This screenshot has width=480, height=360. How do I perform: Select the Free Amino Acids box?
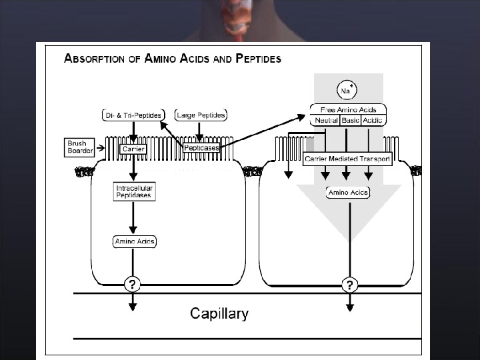tap(348, 109)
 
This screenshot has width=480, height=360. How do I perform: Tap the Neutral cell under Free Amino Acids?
tap(325, 121)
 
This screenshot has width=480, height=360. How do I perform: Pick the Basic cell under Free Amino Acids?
tap(350, 121)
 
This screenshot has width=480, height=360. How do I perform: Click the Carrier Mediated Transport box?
tap(347, 159)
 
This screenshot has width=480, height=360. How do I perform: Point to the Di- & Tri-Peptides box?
tap(133, 115)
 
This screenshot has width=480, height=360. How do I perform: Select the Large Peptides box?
tap(201, 115)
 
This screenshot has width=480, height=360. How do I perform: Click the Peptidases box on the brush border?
tap(202, 148)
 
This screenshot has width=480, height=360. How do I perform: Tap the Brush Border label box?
tap(80, 146)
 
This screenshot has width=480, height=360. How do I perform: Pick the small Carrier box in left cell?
tap(133, 149)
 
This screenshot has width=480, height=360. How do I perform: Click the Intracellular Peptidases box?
tap(135, 192)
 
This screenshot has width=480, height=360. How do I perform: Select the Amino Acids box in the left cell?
tap(135, 241)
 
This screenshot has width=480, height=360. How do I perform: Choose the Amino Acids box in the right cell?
tap(348, 193)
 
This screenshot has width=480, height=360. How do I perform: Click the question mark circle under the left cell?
tap(133, 285)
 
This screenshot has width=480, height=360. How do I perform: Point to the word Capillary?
tap(219, 313)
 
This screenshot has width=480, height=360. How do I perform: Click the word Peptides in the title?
tap(257, 58)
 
